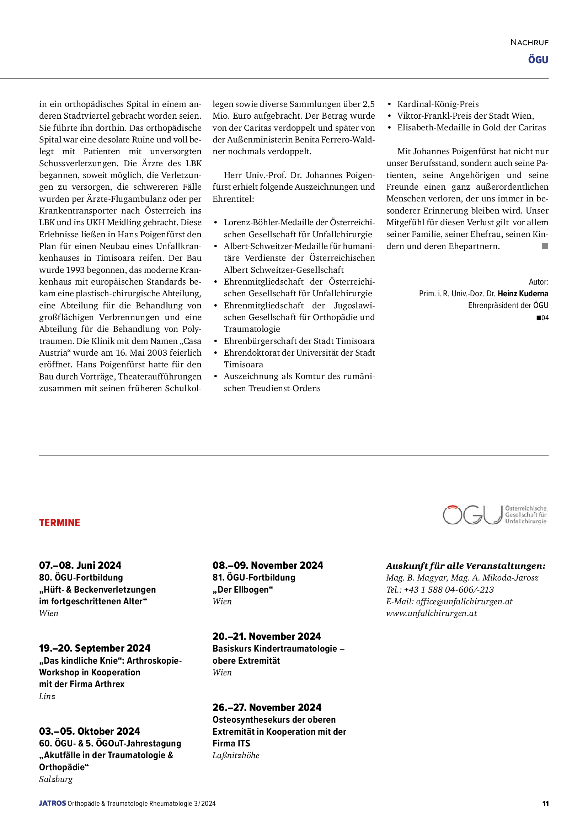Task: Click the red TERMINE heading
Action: point(59,523)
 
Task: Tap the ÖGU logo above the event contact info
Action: point(495,515)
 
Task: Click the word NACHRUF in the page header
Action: point(529,43)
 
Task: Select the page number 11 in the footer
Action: point(545,804)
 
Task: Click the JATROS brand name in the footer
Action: point(53,804)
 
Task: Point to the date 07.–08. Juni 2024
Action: point(80,565)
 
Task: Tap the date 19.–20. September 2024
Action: point(95,648)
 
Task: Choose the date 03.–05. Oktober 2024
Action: point(90,731)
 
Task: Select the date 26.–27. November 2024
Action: point(267,707)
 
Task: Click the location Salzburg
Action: point(56,779)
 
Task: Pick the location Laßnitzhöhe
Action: point(236,755)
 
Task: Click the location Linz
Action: point(47,696)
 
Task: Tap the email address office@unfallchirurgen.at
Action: point(464,601)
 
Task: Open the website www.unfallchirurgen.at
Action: point(432,614)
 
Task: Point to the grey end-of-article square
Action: point(545,246)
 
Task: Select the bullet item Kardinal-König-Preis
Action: point(438,104)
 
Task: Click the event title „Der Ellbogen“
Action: point(242,590)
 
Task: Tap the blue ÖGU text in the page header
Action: point(538,60)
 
